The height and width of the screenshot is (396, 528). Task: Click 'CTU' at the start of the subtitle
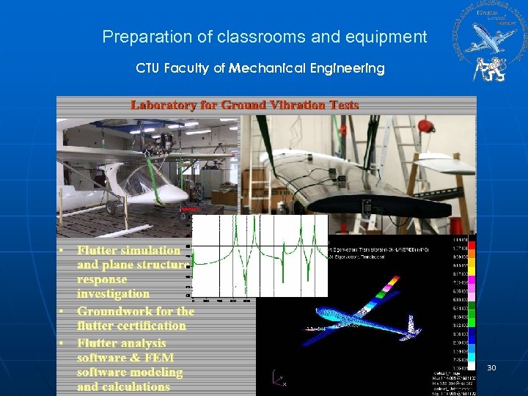click(149, 68)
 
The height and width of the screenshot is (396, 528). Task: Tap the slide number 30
click(491, 367)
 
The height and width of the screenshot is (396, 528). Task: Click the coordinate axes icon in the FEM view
click(278, 379)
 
